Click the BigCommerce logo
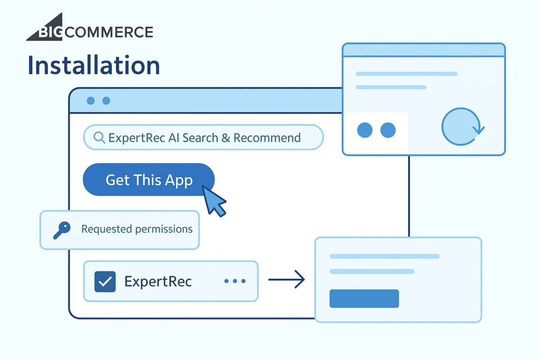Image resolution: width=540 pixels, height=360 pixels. point(90,27)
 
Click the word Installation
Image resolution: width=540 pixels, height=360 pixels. point(94,65)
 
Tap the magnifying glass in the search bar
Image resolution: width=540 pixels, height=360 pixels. point(99,138)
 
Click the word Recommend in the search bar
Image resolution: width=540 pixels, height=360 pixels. point(267,138)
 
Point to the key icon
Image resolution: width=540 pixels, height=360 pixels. point(62,230)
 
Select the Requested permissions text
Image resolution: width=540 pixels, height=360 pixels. point(137,229)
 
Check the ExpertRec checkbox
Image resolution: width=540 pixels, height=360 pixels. point(105,281)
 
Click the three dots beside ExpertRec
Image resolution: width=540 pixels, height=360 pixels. point(235,281)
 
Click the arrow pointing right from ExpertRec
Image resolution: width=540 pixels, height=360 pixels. point(286,279)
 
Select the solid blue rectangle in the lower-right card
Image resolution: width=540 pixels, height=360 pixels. point(364,298)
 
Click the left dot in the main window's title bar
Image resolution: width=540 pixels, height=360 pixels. point(91,101)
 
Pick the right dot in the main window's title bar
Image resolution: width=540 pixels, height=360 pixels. point(107,101)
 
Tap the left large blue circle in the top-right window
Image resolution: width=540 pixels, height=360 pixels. point(365,130)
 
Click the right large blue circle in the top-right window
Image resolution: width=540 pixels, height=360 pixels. point(388,130)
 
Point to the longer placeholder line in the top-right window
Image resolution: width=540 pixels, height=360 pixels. point(407,74)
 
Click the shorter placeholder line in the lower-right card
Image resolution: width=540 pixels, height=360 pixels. point(372,271)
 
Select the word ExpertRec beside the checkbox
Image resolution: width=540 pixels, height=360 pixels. point(158,281)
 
